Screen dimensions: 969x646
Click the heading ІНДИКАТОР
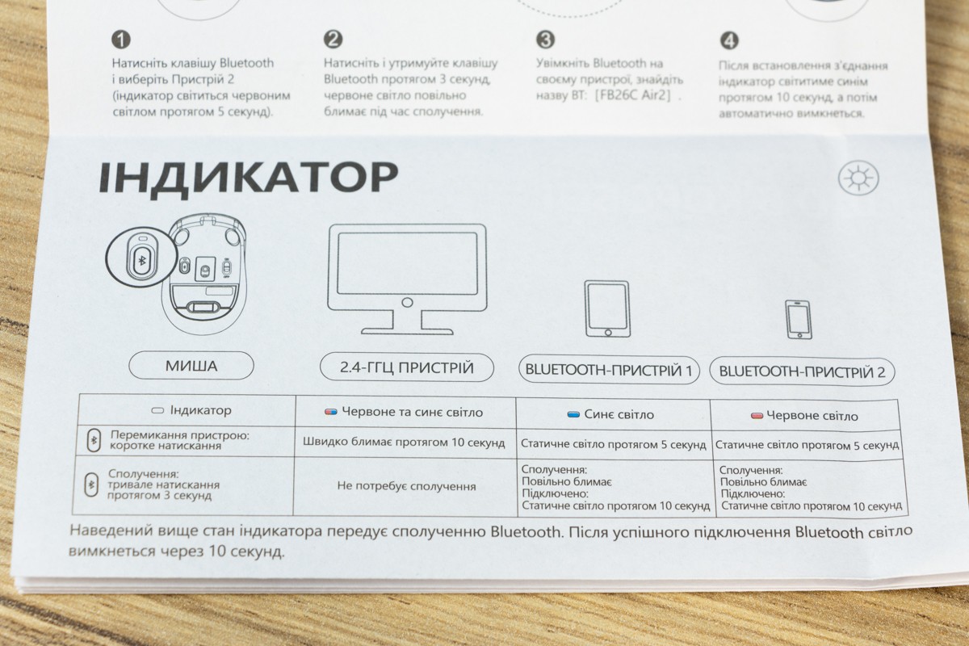click(x=249, y=178)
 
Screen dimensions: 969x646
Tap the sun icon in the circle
click(x=858, y=178)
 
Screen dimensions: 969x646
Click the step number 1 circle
click(x=121, y=40)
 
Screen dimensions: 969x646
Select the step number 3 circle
click(x=546, y=40)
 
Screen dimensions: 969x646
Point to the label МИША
click(x=191, y=366)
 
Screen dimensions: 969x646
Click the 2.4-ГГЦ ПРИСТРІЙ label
click(x=407, y=367)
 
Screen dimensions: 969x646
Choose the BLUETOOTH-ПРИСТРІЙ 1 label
click(x=609, y=370)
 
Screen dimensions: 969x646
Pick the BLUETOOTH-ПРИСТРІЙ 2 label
click(x=802, y=371)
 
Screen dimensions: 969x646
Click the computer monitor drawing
click(x=407, y=279)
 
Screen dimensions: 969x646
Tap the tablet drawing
click(x=607, y=308)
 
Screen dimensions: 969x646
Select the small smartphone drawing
click(x=799, y=320)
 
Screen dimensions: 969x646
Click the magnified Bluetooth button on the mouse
click(x=141, y=260)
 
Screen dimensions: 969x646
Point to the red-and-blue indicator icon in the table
click(x=331, y=412)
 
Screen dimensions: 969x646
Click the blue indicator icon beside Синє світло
click(x=573, y=415)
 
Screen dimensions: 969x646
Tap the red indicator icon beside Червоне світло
click(x=757, y=416)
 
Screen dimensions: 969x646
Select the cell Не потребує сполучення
click(x=406, y=486)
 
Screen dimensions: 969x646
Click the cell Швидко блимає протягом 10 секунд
click(x=404, y=443)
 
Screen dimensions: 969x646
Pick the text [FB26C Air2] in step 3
click(x=632, y=95)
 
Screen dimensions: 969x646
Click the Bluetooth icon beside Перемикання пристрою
click(x=94, y=440)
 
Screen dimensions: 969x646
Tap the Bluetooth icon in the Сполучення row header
click(x=91, y=484)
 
